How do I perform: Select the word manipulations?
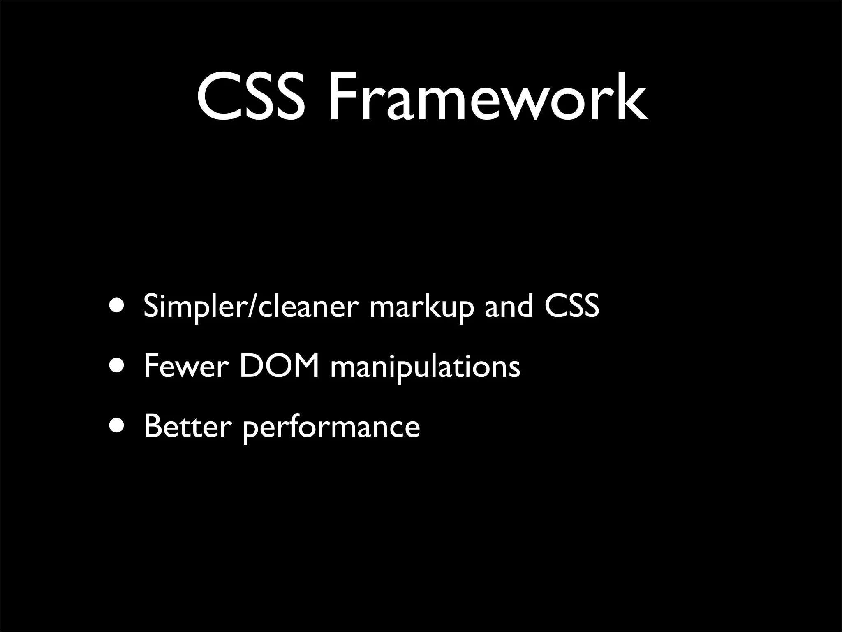tap(425, 367)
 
